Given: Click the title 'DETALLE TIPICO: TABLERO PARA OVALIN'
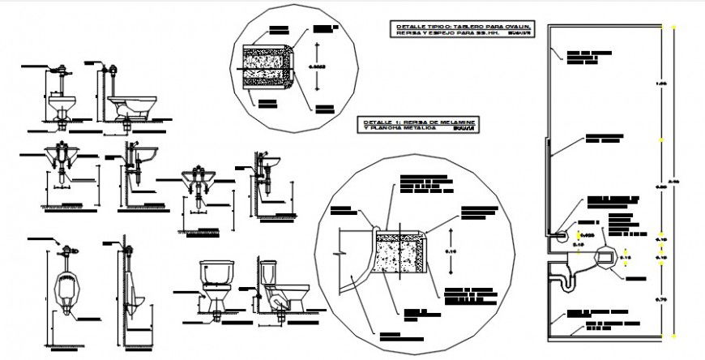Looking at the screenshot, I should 464,28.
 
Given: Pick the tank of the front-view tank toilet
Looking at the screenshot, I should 216,271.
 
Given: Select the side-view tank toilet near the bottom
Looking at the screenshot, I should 281,288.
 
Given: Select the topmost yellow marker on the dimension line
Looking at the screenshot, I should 663,27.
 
